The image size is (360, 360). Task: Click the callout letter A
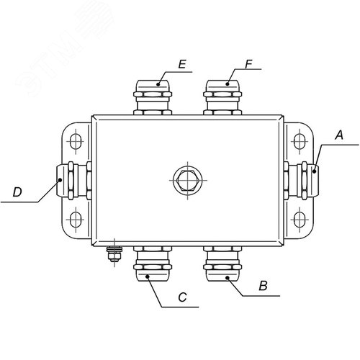tap(339, 135)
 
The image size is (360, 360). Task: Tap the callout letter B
tap(264, 286)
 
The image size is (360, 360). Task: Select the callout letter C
tap(183, 297)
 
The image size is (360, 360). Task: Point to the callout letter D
tap(17, 192)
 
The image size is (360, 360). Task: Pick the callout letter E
tap(182, 64)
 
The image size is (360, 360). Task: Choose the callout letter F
tap(249, 64)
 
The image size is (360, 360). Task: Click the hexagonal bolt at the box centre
tap(188, 180)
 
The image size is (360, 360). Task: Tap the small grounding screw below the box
tap(114, 253)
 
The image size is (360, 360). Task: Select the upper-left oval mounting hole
tap(76, 141)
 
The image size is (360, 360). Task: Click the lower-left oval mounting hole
tap(76, 220)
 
